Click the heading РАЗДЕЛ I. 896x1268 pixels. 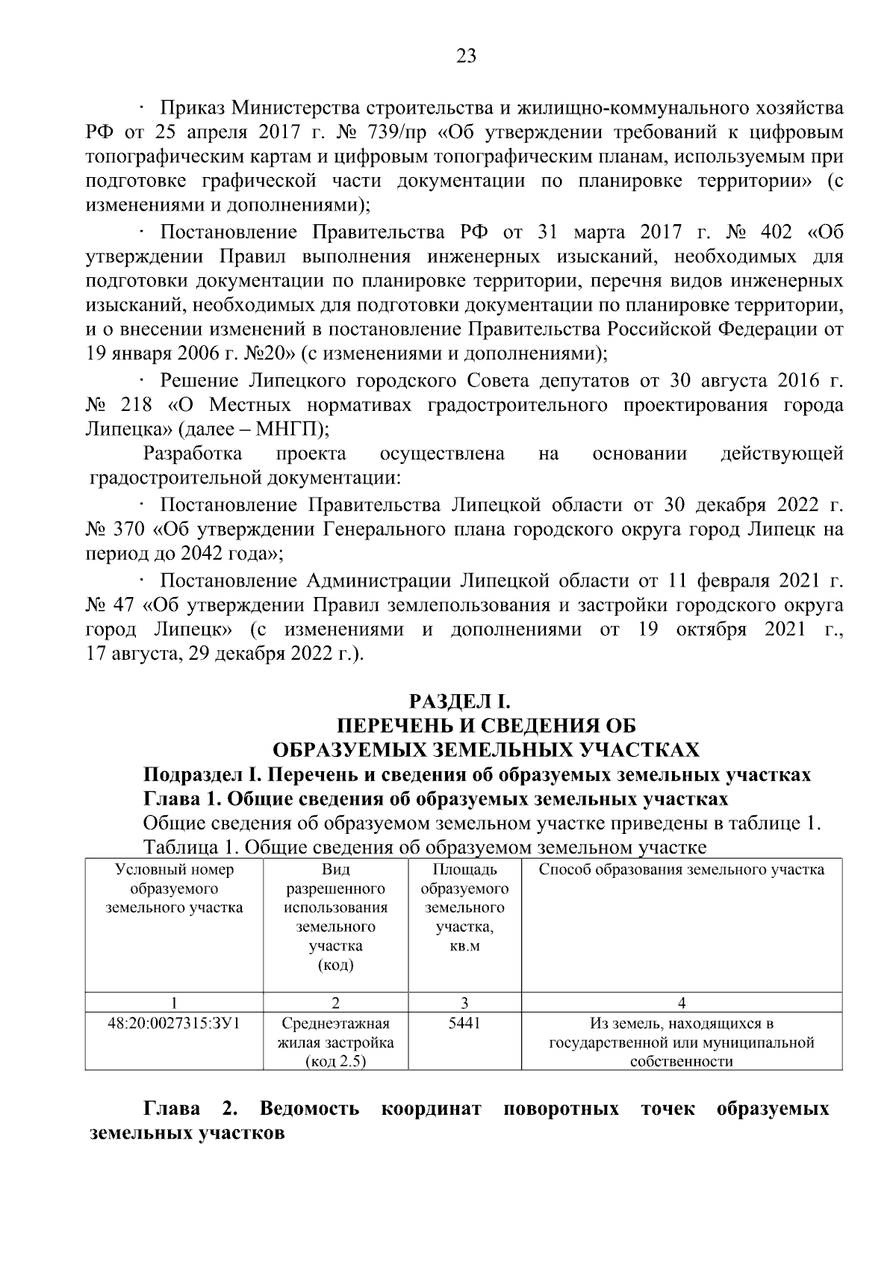459,702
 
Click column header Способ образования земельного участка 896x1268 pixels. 681,870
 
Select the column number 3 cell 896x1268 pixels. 464,1003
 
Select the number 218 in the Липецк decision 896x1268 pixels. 136,406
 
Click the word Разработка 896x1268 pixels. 193,454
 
